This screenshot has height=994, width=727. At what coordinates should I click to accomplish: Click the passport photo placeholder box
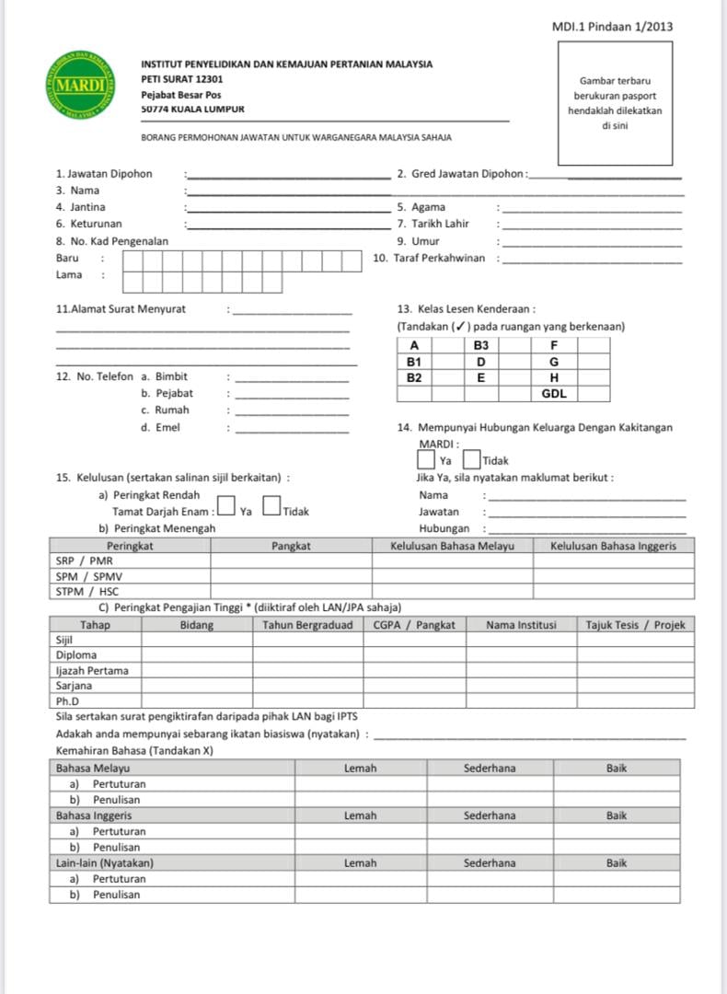tap(615, 103)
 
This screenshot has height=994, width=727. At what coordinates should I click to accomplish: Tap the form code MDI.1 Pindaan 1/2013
tap(612, 27)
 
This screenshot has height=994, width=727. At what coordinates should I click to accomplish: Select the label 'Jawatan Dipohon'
tap(104, 174)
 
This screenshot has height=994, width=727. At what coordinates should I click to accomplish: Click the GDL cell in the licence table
tap(554, 394)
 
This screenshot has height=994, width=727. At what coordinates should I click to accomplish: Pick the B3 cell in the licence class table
tap(480, 345)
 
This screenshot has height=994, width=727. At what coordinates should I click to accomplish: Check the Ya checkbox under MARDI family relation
tap(426, 457)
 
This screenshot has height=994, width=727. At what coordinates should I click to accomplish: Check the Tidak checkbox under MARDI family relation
tap(471, 457)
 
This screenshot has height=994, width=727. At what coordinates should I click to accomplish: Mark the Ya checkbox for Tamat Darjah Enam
tap(226, 509)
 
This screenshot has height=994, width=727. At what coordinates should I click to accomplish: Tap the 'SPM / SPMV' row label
tap(89, 576)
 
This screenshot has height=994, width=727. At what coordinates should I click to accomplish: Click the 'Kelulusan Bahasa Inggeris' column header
tap(613, 546)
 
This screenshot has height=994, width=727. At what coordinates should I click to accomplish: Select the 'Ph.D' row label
tap(69, 701)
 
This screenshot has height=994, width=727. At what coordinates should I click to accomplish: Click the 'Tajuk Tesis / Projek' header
tap(635, 625)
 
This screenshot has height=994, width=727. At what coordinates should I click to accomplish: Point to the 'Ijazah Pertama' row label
tap(92, 670)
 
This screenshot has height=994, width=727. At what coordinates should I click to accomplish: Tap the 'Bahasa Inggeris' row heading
tap(94, 815)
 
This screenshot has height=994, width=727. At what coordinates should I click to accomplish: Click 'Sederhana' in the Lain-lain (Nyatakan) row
tap(490, 863)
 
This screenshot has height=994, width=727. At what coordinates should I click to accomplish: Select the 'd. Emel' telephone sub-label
tap(161, 427)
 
